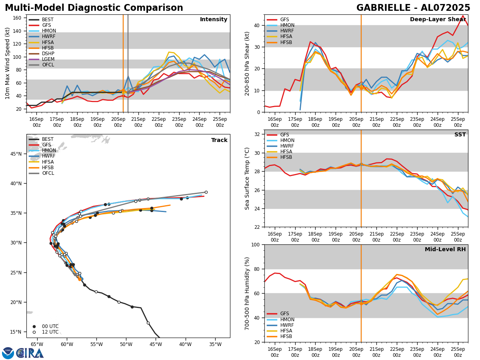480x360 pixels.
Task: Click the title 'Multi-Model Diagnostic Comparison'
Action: (x=94, y=8)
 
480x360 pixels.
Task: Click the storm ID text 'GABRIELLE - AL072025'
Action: (x=413, y=8)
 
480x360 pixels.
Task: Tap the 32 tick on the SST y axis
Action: (x=258, y=134)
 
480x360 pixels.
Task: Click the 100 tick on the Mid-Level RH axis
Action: (x=256, y=245)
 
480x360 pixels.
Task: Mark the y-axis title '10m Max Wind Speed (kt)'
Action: (x=7, y=63)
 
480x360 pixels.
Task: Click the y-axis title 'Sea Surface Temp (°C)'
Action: (x=248, y=178)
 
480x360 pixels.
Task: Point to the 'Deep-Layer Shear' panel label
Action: (x=437, y=20)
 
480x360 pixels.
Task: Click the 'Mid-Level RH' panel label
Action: (x=445, y=250)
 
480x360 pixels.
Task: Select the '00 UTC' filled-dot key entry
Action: (x=45, y=326)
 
